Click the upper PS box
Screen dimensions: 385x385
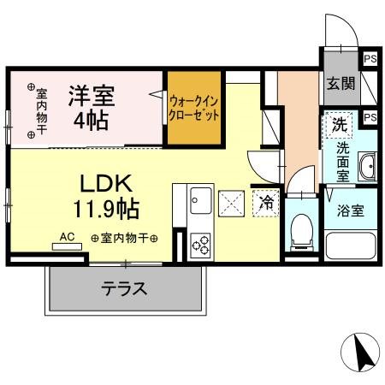(370, 59)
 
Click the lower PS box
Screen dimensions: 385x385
(370, 117)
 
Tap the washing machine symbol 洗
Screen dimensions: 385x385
(339, 124)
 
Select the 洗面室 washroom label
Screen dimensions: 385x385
(342, 161)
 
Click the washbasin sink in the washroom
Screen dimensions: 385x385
(367, 166)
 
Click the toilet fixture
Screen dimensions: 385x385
(299, 228)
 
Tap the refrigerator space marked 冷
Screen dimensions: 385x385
(266, 203)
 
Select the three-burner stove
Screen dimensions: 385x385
(200, 243)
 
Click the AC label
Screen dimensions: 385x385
(68, 236)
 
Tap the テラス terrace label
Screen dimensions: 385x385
(125, 288)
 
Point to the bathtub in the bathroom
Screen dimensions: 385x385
(349, 244)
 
